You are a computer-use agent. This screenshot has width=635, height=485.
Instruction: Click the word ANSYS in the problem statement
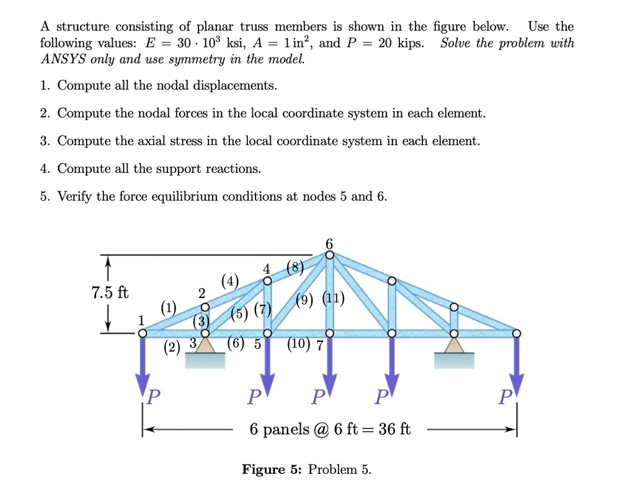pyautogui.click(x=60, y=60)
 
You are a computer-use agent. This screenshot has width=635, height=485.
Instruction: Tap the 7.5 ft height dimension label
pyautogui.click(x=109, y=293)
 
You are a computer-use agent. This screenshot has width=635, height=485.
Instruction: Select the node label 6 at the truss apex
pyautogui.click(x=329, y=243)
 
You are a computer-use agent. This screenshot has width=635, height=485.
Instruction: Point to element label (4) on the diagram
pyautogui.click(x=229, y=281)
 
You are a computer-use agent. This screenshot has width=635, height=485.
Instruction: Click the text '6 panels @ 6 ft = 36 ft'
pyautogui.click(x=330, y=429)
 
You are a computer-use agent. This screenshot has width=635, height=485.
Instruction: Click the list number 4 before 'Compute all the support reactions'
pyautogui.click(x=44, y=169)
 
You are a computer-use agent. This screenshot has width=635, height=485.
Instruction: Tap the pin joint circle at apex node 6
pyautogui.click(x=329, y=254)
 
